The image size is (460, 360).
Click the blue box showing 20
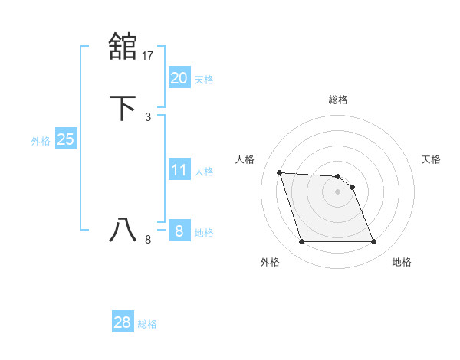179,77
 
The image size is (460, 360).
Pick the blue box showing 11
179,170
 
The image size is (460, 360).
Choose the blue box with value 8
179,231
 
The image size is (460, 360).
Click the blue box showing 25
65,139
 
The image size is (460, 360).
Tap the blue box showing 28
122,322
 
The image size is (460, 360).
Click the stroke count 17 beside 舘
149,54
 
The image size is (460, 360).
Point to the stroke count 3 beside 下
148,116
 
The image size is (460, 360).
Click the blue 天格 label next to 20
204,79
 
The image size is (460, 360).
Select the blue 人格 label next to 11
204,172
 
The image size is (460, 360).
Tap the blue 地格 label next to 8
204,232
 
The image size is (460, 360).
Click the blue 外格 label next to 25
40,141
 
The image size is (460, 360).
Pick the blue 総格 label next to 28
147,324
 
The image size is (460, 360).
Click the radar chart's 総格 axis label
338,100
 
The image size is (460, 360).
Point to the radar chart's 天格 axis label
431,159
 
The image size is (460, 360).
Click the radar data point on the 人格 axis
280,173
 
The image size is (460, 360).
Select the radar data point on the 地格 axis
373,242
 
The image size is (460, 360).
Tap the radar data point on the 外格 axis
301,242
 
